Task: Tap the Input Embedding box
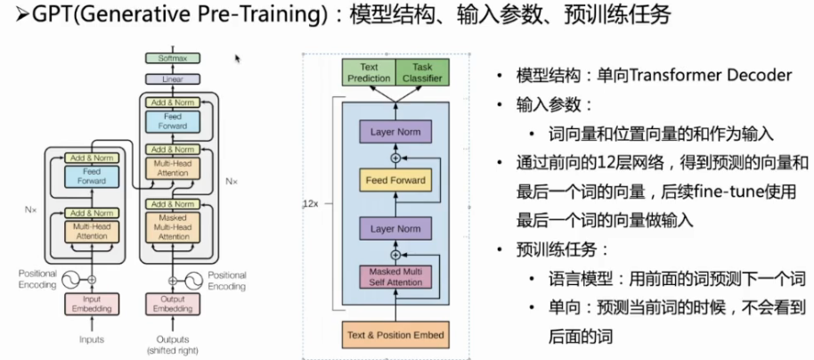[x=92, y=303]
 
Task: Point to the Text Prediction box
[x=369, y=73]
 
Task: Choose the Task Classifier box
[x=422, y=73]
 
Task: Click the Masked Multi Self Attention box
[x=394, y=275]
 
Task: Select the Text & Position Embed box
[x=394, y=335]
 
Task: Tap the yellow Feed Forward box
[x=394, y=181]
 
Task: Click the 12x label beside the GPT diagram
[x=310, y=204]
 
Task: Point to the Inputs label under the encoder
[x=92, y=340]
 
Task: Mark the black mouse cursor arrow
[x=238, y=59]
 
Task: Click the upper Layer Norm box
[x=394, y=134]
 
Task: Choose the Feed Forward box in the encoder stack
[x=92, y=176]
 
